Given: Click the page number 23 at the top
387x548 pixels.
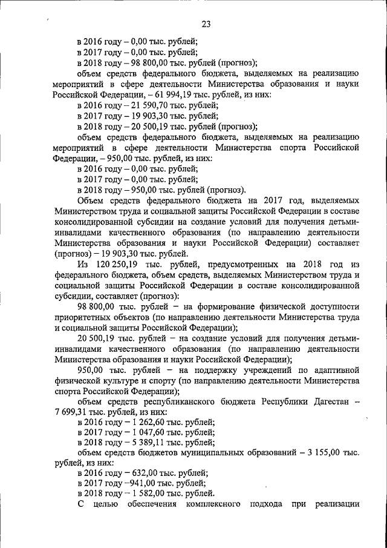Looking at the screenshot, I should coord(206,24).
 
